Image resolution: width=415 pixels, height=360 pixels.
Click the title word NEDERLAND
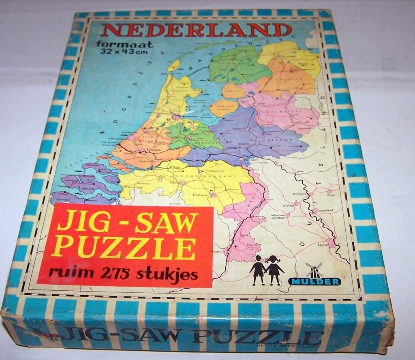click(x=197, y=30)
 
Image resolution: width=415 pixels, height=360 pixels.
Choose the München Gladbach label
click(x=280, y=218)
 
